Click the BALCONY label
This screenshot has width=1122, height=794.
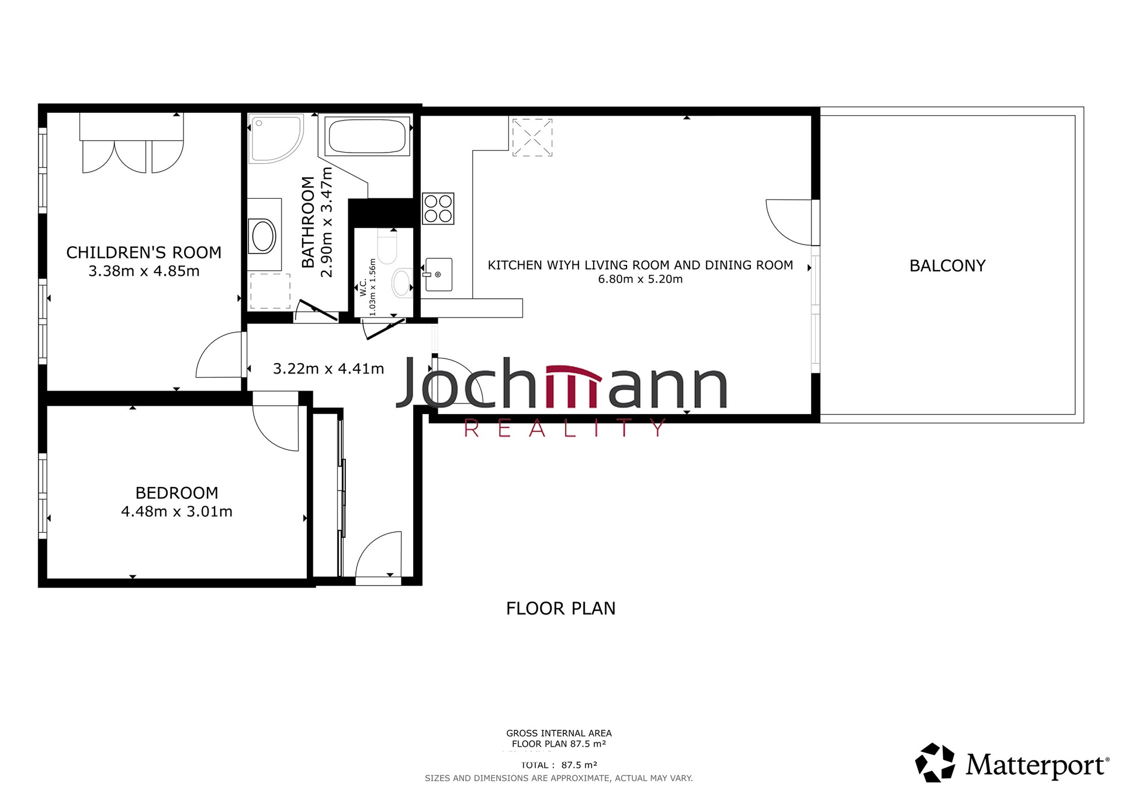coord(947,266)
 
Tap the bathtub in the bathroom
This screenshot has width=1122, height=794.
coord(367,136)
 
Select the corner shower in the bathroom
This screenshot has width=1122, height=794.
coord(273,138)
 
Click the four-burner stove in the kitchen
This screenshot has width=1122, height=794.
coord(438,209)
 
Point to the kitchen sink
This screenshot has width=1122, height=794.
coord(438,275)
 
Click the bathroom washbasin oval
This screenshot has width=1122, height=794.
coord(263,236)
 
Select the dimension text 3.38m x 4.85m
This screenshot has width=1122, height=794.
coord(144,271)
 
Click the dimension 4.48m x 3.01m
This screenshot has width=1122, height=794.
coord(176,512)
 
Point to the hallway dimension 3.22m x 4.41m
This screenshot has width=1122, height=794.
coord(328,369)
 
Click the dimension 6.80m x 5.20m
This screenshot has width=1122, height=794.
coord(640,279)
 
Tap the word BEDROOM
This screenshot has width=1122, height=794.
coord(176,493)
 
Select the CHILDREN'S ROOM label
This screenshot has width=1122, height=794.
coord(144,253)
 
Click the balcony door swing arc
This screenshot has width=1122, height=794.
coord(786,225)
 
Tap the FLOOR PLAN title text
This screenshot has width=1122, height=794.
coord(560,609)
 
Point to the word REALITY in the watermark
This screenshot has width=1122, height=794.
coord(565,429)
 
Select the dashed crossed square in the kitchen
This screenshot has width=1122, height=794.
coord(532,137)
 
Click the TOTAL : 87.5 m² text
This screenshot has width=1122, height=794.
coord(559,765)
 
